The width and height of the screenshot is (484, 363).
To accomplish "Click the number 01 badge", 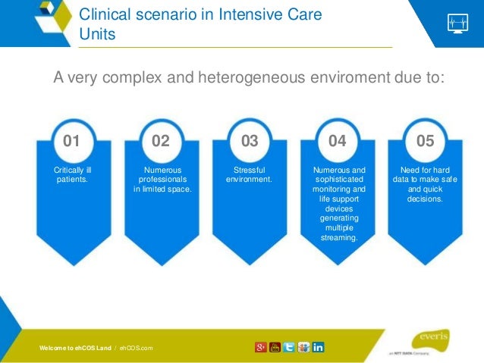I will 71,141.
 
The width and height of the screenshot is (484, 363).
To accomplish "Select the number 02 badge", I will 160,141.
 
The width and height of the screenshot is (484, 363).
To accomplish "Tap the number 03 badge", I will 249,141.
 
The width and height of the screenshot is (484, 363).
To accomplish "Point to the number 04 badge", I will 338,141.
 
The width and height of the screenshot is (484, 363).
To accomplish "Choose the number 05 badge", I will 426,141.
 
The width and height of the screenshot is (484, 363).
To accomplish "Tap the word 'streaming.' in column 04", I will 338,237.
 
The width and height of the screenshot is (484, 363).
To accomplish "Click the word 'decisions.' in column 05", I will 426,199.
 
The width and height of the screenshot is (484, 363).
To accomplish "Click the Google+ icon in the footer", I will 261,347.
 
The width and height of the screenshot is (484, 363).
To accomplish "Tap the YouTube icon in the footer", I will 275,347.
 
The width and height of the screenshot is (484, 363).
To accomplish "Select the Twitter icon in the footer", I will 289,347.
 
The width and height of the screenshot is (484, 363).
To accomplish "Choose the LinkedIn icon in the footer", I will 318,347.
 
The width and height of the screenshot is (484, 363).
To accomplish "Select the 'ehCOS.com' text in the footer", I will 136,348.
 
